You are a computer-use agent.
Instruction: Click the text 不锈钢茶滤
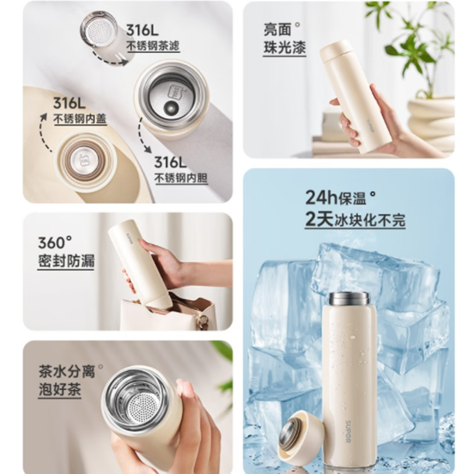153,46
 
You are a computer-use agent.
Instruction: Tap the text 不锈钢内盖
80,119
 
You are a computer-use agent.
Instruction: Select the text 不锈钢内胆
181,178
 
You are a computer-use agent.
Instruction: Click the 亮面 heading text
277,30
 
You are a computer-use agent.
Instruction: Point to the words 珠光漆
285,48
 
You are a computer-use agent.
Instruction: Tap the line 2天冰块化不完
355,219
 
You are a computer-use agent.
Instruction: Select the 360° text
55,243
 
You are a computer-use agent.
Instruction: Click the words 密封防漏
66,261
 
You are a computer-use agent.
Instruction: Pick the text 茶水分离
67,371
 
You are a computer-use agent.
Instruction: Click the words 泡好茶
60,390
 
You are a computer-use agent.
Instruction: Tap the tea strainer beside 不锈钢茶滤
98,29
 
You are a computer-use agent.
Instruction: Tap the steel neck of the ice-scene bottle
349,299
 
